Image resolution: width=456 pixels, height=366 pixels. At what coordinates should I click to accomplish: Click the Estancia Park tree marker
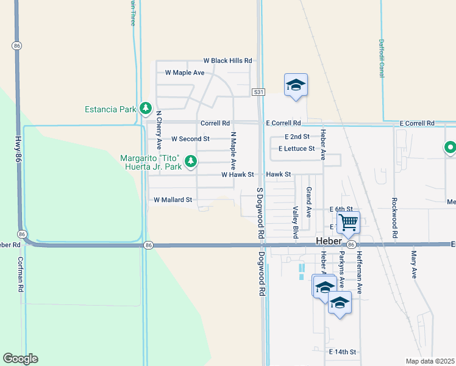coord(145,109)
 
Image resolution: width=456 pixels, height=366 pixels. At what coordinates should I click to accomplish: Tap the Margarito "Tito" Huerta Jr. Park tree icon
coord(191,162)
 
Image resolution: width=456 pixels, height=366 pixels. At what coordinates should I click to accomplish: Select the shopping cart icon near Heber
coord(348,222)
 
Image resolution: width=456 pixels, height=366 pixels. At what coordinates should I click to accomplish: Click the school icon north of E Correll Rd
coord(296,85)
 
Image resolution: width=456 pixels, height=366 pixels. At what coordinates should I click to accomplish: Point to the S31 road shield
coord(259,91)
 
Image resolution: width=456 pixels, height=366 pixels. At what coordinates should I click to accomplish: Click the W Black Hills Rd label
coord(227,60)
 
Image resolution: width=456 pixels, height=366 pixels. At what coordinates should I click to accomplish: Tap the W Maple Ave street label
coord(184,73)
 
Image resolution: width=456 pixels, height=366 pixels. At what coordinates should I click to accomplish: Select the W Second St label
coord(190,139)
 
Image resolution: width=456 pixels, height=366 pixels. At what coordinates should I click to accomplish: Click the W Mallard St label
coord(173,199)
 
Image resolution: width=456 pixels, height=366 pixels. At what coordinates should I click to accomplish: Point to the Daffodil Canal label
coord(381,59)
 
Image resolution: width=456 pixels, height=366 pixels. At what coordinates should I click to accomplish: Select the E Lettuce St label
coord(296,148)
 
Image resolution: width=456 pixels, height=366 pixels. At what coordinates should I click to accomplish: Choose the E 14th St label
coord(342,352)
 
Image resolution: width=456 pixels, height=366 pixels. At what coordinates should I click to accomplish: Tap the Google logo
coord(20,359)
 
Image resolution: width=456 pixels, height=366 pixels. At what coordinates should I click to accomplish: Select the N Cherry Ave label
coord(159,130)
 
